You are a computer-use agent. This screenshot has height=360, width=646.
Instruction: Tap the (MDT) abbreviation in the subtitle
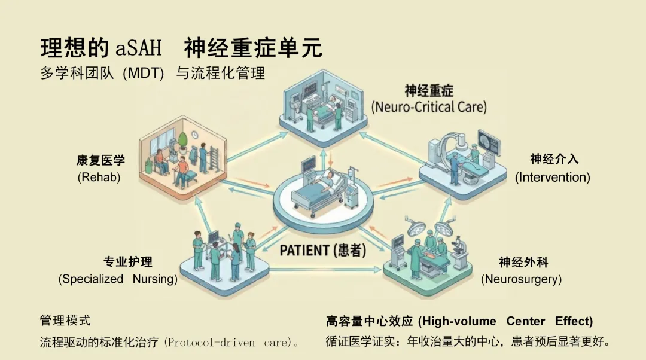(143, 74)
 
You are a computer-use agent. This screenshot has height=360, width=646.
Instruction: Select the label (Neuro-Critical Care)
(428, 108)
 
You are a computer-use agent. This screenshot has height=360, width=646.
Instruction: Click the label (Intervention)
(553, 177)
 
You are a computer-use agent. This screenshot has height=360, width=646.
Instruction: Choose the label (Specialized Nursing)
(118, 279)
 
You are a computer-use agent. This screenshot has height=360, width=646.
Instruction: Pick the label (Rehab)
(99, 178)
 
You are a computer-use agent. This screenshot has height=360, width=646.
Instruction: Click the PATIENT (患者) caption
(323, 250)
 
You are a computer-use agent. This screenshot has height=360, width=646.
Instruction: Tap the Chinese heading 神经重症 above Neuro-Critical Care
(428, 91)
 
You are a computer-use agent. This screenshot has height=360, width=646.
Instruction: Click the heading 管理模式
(65, 321)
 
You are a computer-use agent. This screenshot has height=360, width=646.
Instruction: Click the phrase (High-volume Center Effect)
(505, 321)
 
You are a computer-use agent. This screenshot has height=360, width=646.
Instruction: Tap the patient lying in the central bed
(326, 179)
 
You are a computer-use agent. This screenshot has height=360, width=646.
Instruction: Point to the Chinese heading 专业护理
(127, 262)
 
